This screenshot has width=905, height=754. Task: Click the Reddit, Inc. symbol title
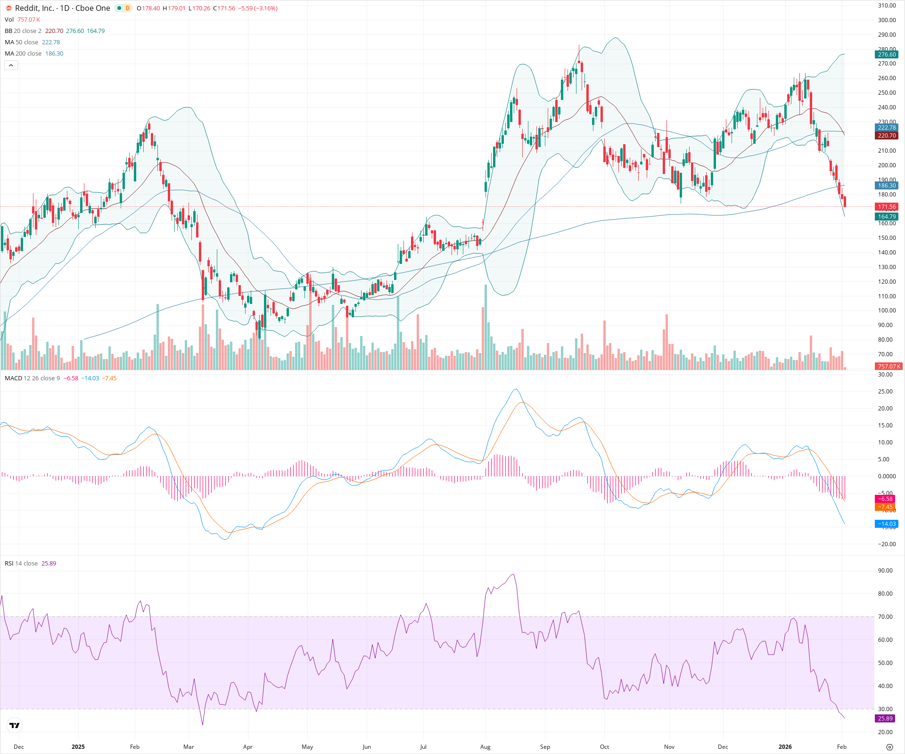click(62, 8)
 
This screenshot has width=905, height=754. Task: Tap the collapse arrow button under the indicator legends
click(11, 66)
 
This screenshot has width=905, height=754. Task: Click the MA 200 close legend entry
click(23, 54)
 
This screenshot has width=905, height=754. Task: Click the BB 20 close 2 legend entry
click(23, 31)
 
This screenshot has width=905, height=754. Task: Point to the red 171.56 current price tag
click(887, 207)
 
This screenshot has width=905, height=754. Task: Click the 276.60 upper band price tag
click(887, 55)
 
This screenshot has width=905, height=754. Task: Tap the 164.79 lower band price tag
click(887, 217)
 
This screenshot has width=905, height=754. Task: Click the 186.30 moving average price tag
click(887, 186)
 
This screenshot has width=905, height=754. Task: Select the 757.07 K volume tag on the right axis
click(889, 366)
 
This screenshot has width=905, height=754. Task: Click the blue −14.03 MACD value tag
click(887, 524)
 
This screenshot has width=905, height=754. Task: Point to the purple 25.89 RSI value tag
click(885, 719)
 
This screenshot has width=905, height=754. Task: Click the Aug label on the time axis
click(485, 747)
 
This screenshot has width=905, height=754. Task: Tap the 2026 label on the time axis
click(785, 747)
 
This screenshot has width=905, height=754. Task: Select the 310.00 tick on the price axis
click(887, 6)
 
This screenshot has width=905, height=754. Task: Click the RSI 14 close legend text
click(21, 564)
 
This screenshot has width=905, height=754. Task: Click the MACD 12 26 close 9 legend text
click(32, 378)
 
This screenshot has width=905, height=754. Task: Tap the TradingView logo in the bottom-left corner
click(15, 726)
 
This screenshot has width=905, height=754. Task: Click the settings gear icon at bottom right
click(889, 747)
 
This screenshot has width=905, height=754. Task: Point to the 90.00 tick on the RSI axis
click(885, 571)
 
